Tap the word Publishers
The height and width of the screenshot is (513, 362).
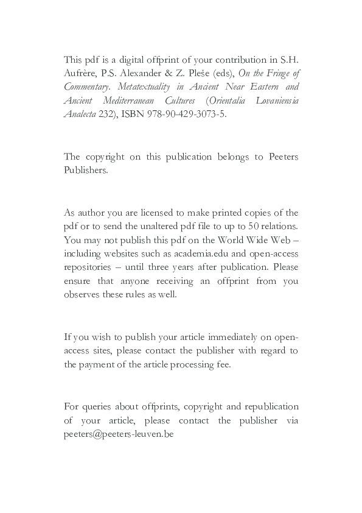point(86,171)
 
